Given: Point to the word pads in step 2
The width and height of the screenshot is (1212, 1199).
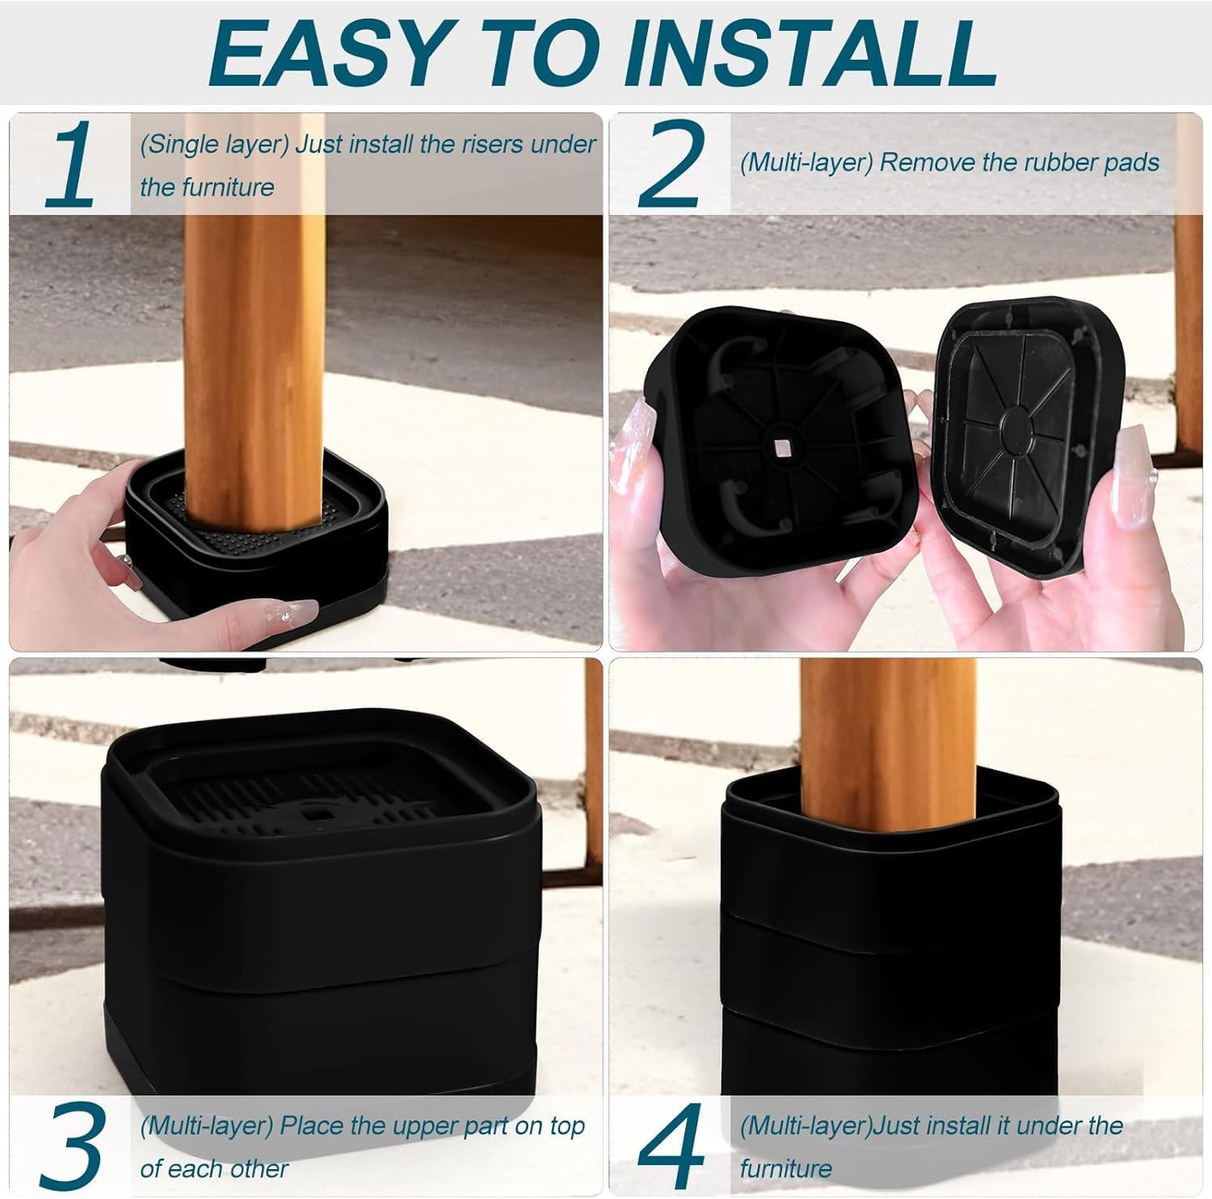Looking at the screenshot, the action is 1131,163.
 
